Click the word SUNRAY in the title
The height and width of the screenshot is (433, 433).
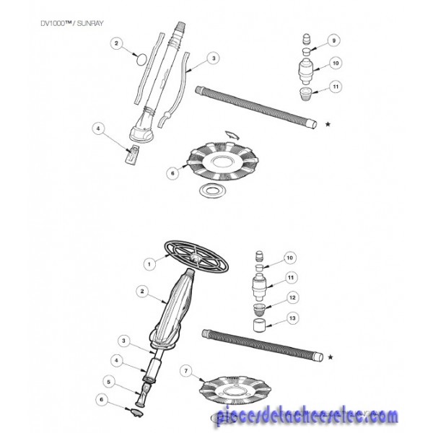[x=90, y=24]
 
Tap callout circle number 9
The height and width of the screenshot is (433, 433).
[x=334, y=41]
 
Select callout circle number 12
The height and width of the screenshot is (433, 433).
[x=292, y=297]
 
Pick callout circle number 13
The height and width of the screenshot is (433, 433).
[x=292, y=318]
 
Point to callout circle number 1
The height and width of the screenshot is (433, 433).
[x=149, y=264]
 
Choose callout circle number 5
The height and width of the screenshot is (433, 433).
[x=109, y=382]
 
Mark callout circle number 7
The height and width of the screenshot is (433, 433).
[x=186, y=371]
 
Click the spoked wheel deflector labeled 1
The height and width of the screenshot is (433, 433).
[x=196, y=256]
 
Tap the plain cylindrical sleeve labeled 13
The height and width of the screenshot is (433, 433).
[x=260, y=325]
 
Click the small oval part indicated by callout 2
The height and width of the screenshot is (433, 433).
[x=142, y=59]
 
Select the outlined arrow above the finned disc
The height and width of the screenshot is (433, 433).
[x=232, y=136]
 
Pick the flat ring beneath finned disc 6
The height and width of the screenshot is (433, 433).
[x=213, y=191]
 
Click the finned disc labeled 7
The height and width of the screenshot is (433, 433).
[x=235, y=390]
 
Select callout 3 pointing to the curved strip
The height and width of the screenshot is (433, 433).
[x=214, y=58]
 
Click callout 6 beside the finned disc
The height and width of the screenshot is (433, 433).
[x=173, y=173]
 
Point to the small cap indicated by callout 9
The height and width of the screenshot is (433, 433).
[x=305, y=51]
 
